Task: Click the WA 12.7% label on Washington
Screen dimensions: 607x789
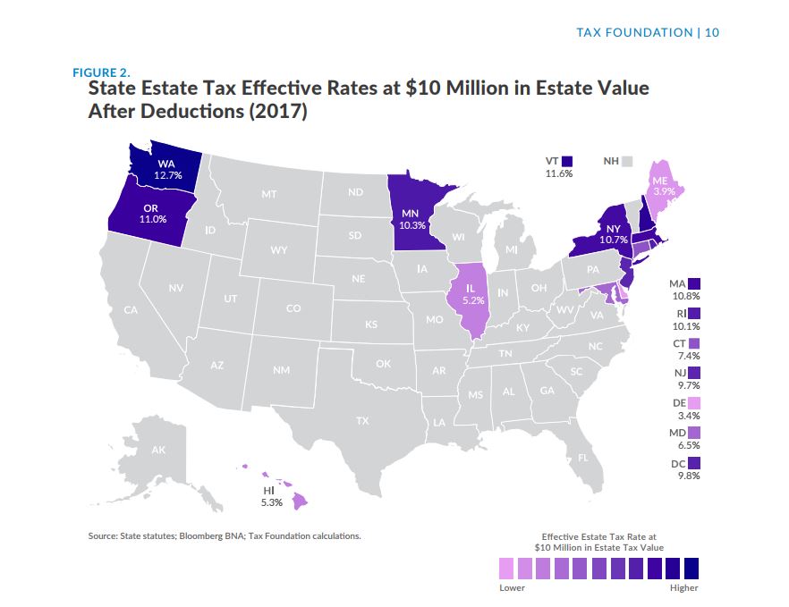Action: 167,170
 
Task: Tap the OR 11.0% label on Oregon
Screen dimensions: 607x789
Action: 154,214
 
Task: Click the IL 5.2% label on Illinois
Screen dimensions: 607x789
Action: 473,294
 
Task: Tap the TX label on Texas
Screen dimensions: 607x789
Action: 362,419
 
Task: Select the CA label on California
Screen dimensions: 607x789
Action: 131,310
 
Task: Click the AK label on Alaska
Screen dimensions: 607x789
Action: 158,450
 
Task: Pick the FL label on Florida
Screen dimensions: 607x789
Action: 583,457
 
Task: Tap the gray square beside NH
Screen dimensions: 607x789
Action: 628,162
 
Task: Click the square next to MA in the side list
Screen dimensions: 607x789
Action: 694,282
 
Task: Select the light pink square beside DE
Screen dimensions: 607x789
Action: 694,403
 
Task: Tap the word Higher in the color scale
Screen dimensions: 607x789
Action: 683,587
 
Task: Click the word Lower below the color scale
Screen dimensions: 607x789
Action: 513,587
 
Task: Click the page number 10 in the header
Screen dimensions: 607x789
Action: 712,32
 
